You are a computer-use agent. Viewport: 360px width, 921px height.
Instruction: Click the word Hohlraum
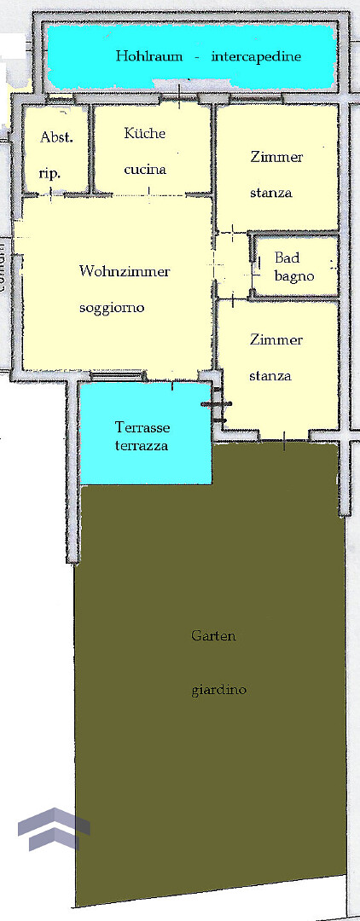[x=148, y=56]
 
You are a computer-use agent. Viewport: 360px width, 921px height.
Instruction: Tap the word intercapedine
[x=256, y=57]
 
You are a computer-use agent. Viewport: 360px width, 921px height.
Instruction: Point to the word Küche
[x=144, y=133]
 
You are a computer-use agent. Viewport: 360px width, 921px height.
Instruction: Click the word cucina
[x=145, y=170]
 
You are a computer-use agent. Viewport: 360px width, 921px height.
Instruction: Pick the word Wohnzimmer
[x=125, y=271]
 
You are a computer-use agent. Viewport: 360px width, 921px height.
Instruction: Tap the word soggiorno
[x=112, y=308]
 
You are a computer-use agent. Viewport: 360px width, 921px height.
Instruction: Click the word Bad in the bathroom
[x=287, y=258]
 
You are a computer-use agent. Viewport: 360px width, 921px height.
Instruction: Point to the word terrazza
[x=142, y=446]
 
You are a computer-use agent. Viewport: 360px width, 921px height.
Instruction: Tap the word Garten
[x=213, y=635]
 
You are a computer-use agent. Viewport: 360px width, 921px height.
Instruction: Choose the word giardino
[x=218, y=690]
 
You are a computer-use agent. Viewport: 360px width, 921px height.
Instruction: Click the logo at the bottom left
[x=54, y=829]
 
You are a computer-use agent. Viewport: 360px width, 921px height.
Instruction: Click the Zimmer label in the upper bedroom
[x=276, y=157]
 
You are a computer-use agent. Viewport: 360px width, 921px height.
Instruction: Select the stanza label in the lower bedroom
[x=270, y=376]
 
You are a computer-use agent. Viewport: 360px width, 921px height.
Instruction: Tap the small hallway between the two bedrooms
[x=232, y=265]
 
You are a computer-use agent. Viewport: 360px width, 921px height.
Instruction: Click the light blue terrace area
[x=145, y=433]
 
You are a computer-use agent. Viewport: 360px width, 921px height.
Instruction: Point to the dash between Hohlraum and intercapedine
[x=196, y=57]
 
